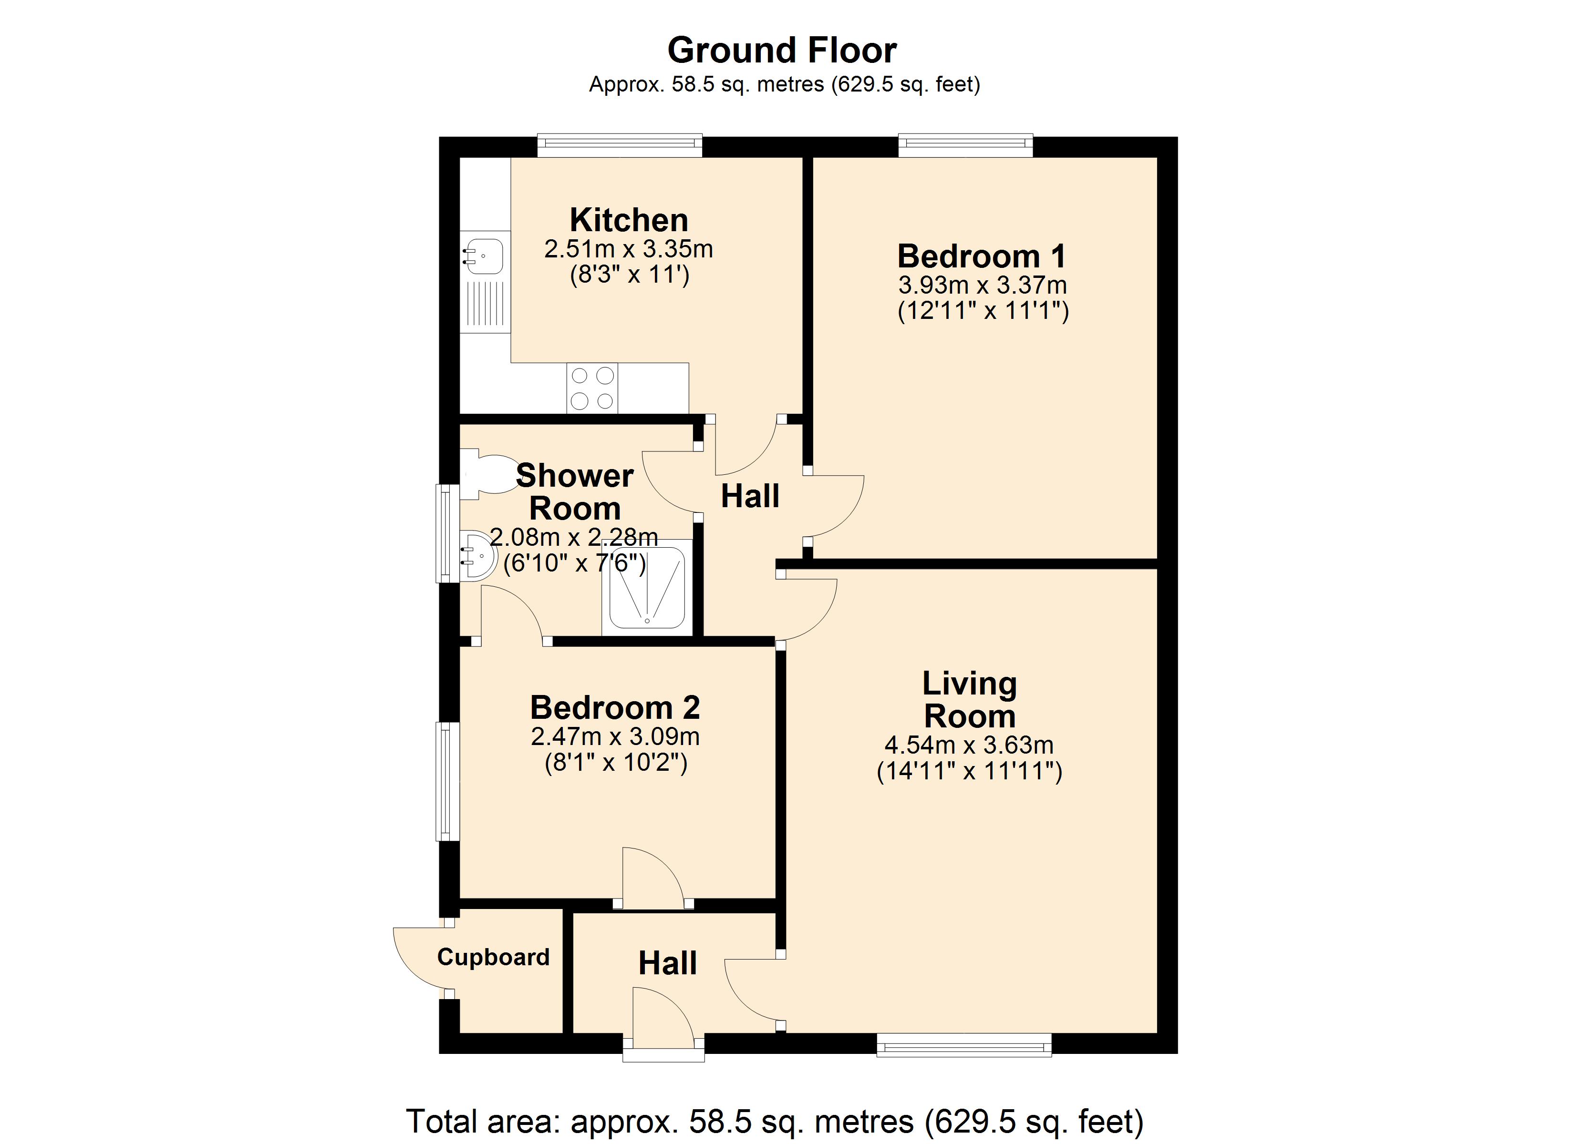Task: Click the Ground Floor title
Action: [782, 51]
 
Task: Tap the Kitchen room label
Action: [629, 220]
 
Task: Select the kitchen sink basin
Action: [484, 256]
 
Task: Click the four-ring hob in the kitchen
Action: [592, 388]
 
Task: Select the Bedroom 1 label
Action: [981, 256]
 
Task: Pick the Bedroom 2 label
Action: [615, 708]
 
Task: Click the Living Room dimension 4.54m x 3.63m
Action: [969, 745]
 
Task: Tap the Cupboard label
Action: [494, 957]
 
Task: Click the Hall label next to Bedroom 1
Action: [750, 496]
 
